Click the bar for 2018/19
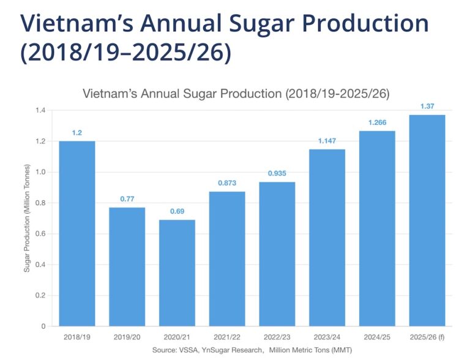click(x=77, y=233)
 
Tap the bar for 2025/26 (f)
click(x=427, y=220)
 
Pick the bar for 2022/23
click(x=277, y=254)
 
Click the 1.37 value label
click(x=427, y=107)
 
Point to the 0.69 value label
click(x=177, y=212)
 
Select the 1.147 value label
click(x=327, y=141)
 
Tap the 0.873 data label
click(x=227, y=184)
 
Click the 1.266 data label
click(x=378, y=123)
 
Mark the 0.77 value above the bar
click(x=127, y=200)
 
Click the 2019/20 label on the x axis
click(x=127, y=337)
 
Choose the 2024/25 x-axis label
click(x=378, y=337)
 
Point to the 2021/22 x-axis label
click(x=227, y=337)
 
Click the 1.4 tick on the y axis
click(x=40, y=111)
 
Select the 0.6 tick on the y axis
click(x=40, y=234)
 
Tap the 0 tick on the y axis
click(x=43, y=326)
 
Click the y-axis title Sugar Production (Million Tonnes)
click(x=27, y=218)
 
